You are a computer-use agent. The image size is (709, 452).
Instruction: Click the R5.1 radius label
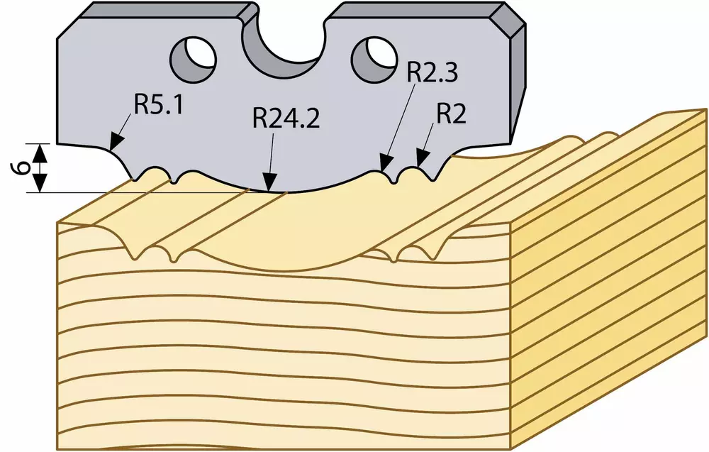click(159, 106)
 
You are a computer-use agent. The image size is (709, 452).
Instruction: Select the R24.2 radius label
click(286, 119)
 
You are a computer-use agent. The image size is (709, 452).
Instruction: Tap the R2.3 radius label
click(432, 72)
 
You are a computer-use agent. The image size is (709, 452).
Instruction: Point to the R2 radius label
click(451, 115)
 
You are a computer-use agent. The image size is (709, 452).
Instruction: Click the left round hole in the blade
click(194, 58)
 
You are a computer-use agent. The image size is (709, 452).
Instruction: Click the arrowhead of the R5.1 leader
click(116, 141)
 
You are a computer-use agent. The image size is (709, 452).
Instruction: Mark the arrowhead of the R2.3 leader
click(385, 163)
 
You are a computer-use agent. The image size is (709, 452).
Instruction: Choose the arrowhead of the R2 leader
click(421, 160)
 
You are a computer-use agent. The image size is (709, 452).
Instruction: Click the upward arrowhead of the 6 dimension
click(40, 153)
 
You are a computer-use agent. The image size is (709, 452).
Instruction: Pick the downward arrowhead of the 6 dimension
click(40, 183)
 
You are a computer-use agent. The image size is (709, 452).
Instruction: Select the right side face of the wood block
click(608, 280)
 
